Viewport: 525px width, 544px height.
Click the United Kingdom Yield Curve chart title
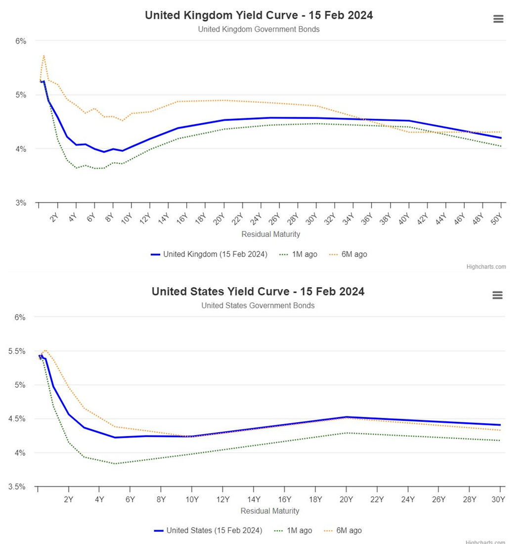(x=259, y=15)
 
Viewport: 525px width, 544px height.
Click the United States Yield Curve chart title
(x=258, y=291)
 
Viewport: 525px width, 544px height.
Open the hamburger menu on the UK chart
(x=498, y=19)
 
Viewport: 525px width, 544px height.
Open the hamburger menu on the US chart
(x=498, y=295)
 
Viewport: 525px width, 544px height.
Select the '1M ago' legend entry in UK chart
(x=298, y=254)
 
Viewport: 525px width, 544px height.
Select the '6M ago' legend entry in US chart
(x=343, y=531)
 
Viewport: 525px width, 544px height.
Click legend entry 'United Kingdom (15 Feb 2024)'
(x=209, y=254)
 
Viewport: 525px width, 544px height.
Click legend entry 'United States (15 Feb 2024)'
(x=208, y=531)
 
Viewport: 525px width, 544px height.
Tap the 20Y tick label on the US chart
(x=346, y=499)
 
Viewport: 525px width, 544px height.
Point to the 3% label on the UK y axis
(x=21, y=203)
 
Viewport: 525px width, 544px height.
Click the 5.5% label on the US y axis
(x=17, y=351)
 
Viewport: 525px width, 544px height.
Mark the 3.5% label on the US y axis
(x=17, y=487)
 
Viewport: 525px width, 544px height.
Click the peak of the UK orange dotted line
(x=44, y=55)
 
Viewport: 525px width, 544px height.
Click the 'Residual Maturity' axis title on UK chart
(x=271, y=234)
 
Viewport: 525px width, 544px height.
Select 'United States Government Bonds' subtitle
(x=258, y=306)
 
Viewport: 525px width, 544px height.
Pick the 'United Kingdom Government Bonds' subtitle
(x=259, y=29)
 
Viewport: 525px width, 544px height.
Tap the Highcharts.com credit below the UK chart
(x=486, y=267)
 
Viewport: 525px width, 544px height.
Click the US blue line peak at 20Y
(x=346, y=417)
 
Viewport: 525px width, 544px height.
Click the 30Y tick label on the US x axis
(x=498, y=499)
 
